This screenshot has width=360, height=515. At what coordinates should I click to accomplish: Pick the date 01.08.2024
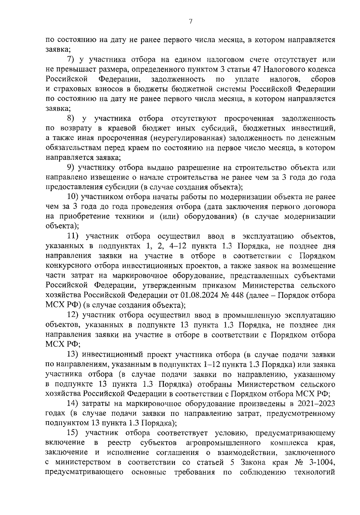197,296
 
